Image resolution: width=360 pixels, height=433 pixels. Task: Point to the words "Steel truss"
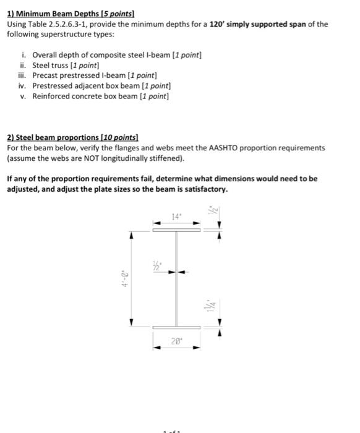[52, 65]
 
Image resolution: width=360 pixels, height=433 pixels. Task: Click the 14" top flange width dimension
[177, 217]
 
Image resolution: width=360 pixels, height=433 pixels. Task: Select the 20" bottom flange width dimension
[177, 340]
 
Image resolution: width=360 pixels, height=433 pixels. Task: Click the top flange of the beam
[177, 229]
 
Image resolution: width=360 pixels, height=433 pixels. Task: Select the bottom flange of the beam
[177, 327]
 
